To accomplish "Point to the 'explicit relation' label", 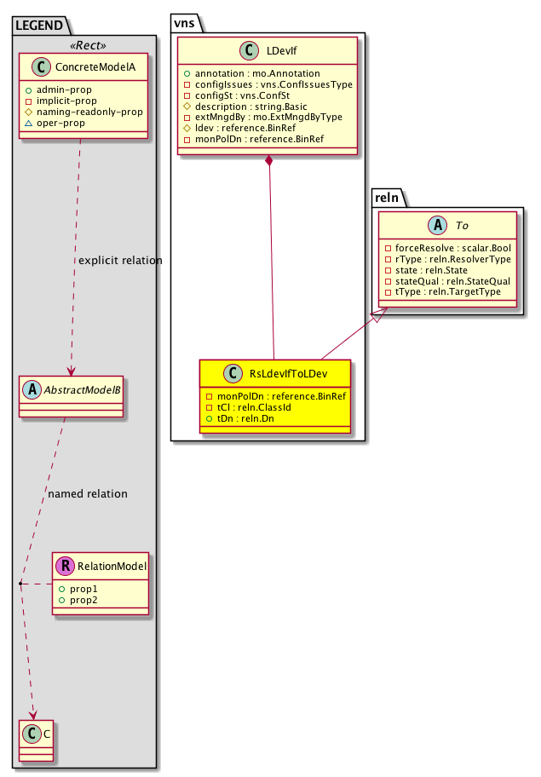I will (119, 260).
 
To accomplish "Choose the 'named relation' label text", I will (88, 493).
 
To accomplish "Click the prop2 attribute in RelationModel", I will (84, 601).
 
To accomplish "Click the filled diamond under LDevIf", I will (269, 161).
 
